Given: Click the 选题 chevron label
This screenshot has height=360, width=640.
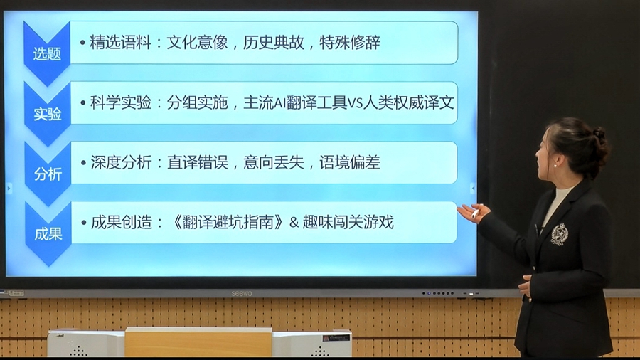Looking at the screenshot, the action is pos(47,54).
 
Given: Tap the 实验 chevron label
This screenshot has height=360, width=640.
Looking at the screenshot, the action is pos(48,114).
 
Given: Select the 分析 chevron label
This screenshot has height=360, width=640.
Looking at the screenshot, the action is pos(48,174).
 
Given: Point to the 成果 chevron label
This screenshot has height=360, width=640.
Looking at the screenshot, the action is pos(48,234).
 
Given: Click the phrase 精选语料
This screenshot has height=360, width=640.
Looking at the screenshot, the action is pos(120,42).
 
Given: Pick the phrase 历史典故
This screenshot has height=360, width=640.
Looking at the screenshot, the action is pos(274,42).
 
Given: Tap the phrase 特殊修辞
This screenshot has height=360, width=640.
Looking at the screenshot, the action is pos(350,42).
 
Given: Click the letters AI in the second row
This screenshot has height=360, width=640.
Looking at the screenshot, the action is pos(279,103).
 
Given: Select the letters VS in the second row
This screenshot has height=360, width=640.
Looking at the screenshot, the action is pos(355,103).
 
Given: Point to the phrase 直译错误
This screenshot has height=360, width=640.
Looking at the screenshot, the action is pos(198,162).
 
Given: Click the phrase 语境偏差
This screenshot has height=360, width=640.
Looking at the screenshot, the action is pos(350,162).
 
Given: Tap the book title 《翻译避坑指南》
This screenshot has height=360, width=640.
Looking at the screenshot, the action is pos(228,223).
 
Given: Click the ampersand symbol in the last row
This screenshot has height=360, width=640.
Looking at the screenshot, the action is pos(294,223).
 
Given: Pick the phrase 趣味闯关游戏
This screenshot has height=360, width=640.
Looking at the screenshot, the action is pos(348,223).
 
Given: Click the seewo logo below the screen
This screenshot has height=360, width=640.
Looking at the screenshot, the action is pos(242,293).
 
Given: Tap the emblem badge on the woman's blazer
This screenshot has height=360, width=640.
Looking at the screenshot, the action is pos(559,234).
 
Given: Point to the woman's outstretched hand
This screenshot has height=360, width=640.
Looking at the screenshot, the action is pos(473,213).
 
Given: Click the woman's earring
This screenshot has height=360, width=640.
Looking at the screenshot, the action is pos(555,166).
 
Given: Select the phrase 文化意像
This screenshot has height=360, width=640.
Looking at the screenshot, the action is pos(197,42).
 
